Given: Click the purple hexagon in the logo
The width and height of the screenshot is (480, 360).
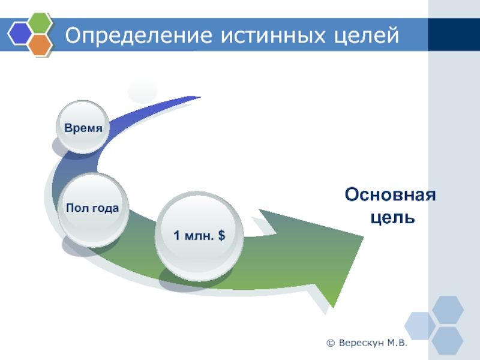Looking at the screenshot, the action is coord(20,34).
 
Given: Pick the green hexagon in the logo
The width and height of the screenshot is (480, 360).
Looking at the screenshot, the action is coord(40,22).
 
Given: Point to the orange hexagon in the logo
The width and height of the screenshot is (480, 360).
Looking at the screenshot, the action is coord(40,44).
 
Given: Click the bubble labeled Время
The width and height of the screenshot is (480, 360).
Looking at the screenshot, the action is coord(83,127).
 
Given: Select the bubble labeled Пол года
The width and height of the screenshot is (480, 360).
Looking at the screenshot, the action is coord(93,209).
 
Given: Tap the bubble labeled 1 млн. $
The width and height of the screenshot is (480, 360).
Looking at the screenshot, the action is coord(199,236).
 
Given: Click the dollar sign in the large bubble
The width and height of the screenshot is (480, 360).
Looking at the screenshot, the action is coord(221,235).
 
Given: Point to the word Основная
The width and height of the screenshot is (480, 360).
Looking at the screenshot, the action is coord(390,194).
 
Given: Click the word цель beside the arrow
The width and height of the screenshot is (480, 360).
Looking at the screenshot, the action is coord(392,218).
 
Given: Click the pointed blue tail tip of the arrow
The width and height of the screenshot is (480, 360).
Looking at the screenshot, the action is coord(200,97).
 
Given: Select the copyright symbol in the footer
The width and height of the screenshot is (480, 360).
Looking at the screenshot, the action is coord(331,343).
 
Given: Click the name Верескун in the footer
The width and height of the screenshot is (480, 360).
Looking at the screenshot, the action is coord(361,343).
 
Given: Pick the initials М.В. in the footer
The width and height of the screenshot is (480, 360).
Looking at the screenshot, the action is coord(397,343).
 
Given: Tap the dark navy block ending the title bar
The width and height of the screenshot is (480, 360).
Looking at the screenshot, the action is coord(454,35).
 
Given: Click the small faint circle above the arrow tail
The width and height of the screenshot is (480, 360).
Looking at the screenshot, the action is coord(142,91).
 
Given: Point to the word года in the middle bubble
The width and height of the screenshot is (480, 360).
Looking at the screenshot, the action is coord(106,208).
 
